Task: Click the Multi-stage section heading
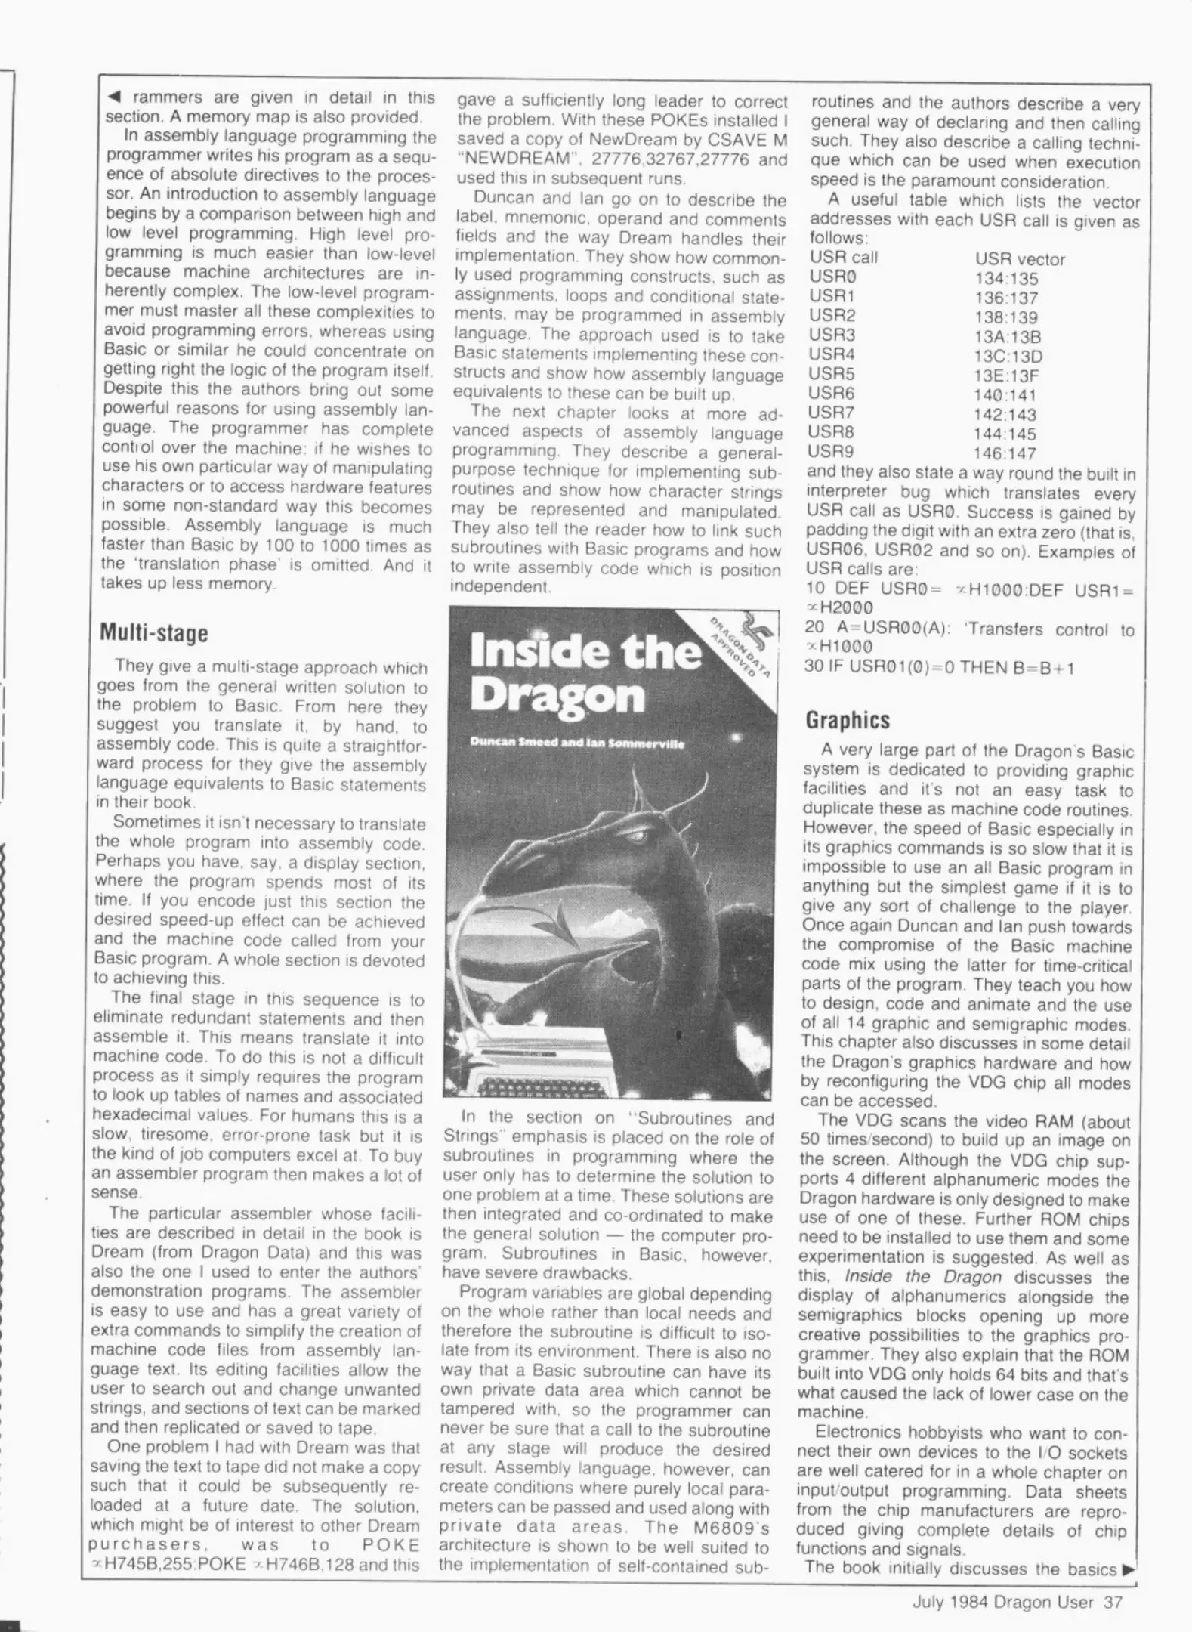153,633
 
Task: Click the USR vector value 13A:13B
1007,337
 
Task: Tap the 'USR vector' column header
1019,260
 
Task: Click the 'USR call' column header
843,258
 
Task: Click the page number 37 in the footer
1113,1602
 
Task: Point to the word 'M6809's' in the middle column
735,1527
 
